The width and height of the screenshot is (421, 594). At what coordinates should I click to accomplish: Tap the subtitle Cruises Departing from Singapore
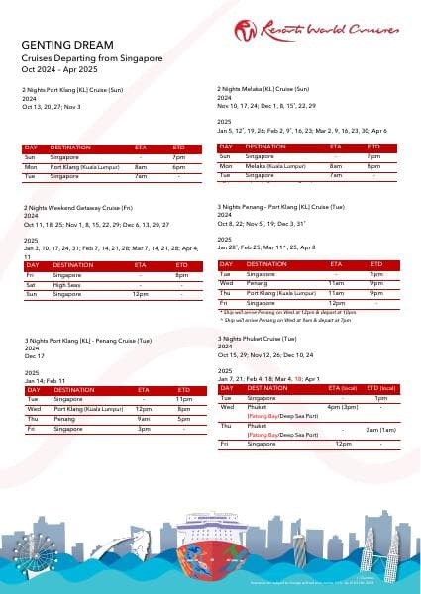tap(91, 58)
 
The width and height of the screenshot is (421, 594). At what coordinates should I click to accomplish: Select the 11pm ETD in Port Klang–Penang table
tap(183, 399)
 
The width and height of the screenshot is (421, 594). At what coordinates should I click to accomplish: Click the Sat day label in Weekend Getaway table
tap(31, 256)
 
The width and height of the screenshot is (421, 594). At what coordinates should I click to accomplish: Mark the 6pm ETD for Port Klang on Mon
tap(179, 166)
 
